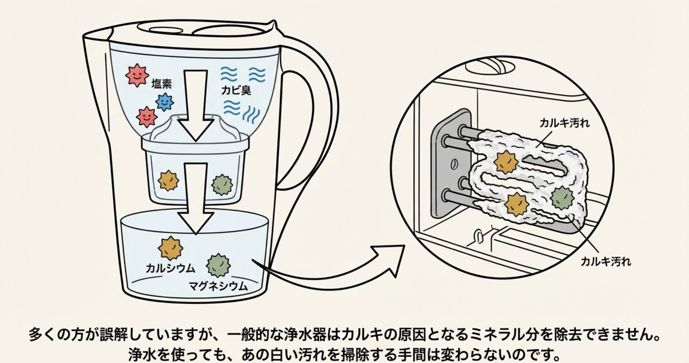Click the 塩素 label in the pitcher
coord(161,83)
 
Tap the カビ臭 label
coord(236,90)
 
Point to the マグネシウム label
coord(218,286)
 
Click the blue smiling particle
coord(165,102)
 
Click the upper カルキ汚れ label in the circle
coord(565,123)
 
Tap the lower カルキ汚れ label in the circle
coord(606,261)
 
